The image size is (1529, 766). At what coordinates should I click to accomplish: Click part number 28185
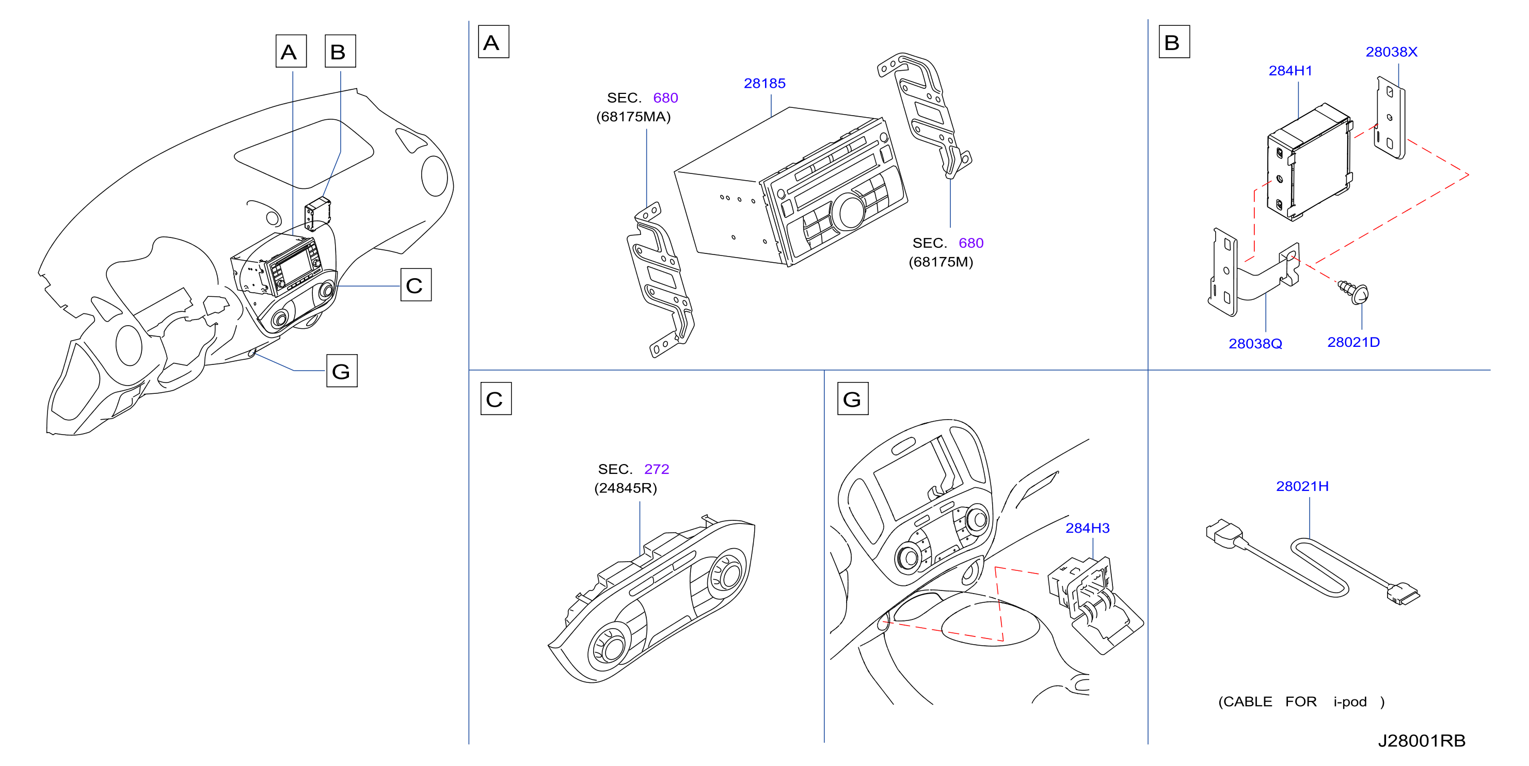pyautogui.click(x=764, y=84)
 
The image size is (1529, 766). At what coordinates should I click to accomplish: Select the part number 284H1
pyautogui.click(x=1290, y=71)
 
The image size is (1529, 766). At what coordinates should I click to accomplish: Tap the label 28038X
pyautogui.click(x=1391, y=52)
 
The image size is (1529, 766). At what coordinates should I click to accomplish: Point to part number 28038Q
pyautogui.click(x=1255, y=344)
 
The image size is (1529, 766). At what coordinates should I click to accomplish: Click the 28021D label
pyautogui.click(x=1353, y=342)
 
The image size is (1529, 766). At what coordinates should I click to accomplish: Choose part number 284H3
pyautogui.click(x=1088, y=528)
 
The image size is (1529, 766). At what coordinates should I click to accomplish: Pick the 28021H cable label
pyautogui.click(x=1302, y=487)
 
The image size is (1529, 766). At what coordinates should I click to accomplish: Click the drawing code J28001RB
pyautogui.click(x=1422, y=741)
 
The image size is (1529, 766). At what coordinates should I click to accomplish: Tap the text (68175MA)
pyautogui.click(x=633, y=117)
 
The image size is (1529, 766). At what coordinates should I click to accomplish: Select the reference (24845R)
pyautogui.click(x=626, y=488)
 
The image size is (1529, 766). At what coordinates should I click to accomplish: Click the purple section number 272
pyautogui.click(x=657, y=469)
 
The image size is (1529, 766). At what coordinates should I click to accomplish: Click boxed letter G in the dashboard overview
pyautogui.click(x=342, y=371)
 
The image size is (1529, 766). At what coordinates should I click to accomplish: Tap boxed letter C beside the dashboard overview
pyautogui.click(x=416, y=285)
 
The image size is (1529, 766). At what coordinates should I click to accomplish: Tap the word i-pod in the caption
pyautogui.click(x=1350, y=702)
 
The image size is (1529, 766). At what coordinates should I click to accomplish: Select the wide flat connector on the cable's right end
pyautogui.click(x=1404, y=595)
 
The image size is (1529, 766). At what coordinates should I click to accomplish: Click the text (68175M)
pyautogui.click(x=941, y=262)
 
